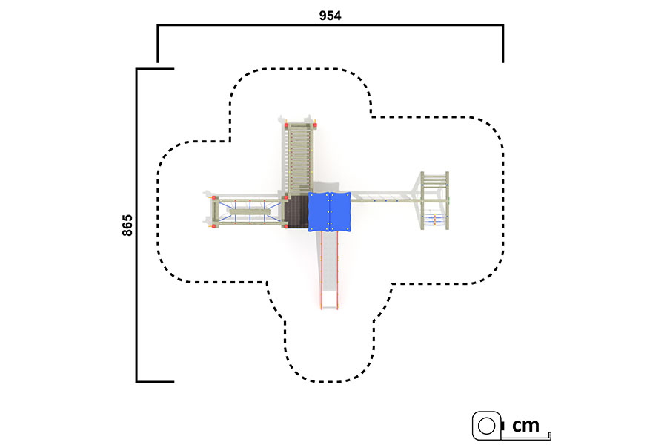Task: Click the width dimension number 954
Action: (330, 16)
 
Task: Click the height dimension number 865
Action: (127, 225)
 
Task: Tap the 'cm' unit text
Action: (525, 425)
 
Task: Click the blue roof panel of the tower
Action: (330, 211)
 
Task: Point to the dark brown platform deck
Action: (297, 211)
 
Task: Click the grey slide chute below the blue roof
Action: (329, 268)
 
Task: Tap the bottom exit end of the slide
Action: (329, 306)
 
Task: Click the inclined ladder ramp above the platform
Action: (299, 159)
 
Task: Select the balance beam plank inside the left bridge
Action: (250, 211)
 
